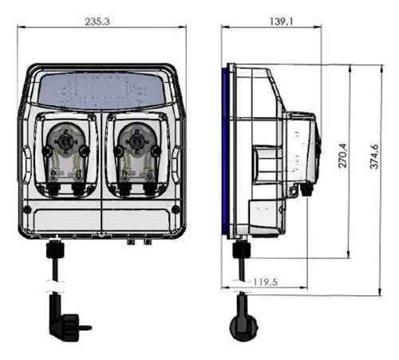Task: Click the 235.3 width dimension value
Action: (x=97, y=22)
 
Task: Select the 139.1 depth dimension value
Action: (x=280, y=22)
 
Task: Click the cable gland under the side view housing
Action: (x=240, y=250)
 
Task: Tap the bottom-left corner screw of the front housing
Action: (x=27, y=211)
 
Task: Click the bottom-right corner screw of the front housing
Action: (x=176, y=210)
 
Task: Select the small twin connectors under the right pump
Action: (x=138, y=239)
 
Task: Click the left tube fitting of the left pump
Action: (x=52, y=189)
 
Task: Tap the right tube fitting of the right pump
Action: (x=149, y=189)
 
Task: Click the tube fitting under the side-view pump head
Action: (x=306, y=190)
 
